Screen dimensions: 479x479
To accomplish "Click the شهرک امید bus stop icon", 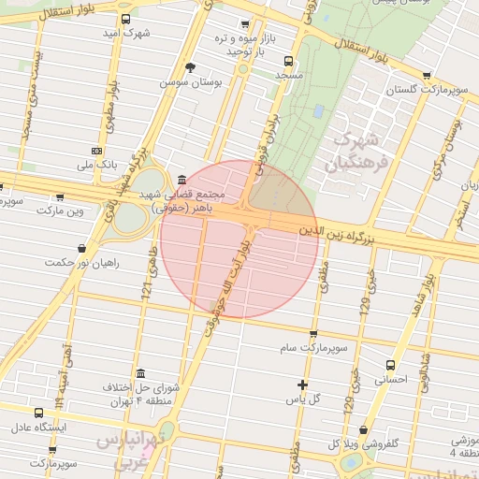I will tap(126, 19).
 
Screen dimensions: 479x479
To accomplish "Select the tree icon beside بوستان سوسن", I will tap(192, 67).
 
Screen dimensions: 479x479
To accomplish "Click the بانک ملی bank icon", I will tap(97, 151).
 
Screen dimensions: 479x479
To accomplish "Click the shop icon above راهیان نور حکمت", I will tap(83, 249).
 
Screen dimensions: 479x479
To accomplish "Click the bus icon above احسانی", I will tap(390, 365).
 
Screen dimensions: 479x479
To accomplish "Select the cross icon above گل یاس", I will tap(302, 385).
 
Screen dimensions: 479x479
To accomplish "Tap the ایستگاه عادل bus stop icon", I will tap(38, 414).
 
